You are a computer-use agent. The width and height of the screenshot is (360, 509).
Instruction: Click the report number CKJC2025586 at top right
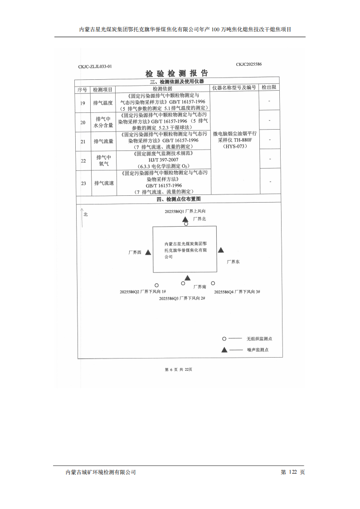coord(248,64)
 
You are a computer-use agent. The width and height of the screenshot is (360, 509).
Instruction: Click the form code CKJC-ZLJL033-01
coord(95,67)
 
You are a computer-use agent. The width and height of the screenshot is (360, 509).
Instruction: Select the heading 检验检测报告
coord(176,73)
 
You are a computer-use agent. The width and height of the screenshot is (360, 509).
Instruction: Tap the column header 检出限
coord(269,87)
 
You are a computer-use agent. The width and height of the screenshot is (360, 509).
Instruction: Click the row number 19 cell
coord(83,103)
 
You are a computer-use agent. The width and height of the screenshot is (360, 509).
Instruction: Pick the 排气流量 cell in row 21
coord(103,141)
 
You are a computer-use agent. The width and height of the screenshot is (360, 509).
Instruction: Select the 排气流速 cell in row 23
coord(104,183)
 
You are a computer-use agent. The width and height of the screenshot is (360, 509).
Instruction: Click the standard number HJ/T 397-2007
coord(164,160)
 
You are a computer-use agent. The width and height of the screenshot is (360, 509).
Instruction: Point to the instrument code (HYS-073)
coord(235,146)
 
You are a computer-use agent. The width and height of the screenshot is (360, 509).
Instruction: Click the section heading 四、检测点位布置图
coord(178,199)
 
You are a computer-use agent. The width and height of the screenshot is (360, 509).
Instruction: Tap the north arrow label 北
coord(85,214)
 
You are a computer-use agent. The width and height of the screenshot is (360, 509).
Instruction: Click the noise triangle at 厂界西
coord(148,252)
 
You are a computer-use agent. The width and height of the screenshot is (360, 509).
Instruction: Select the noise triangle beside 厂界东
coord(221,250)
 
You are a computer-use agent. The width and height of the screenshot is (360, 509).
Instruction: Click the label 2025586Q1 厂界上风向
coord(185,212)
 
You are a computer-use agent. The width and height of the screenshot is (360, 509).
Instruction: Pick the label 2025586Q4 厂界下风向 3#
coord(237,292)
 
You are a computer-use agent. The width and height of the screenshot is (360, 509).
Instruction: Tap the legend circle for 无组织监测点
coord(224,339)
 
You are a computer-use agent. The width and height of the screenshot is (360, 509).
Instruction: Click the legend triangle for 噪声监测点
coord(224,350)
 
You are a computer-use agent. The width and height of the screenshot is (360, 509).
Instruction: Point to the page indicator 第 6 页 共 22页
coord(179,369)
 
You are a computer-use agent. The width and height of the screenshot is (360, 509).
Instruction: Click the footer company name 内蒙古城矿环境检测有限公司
coord(101,472)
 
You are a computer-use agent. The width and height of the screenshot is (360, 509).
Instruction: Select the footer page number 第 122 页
coord(293,472)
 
